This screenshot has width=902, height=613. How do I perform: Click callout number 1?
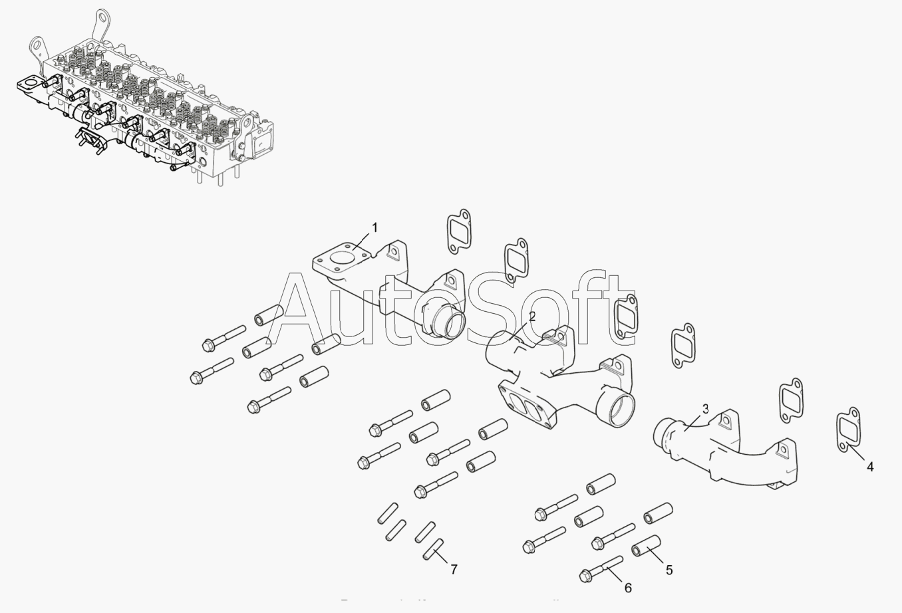pos(375,228)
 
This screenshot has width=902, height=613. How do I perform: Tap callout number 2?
pos(531,317)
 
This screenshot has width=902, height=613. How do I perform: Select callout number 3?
pos(705,409)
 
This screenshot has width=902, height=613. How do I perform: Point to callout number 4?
pos(870,467)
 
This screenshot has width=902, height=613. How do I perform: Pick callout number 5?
pos(669,570)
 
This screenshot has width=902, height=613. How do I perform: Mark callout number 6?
pos(627,588)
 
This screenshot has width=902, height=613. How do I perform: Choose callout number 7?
pos(454,569)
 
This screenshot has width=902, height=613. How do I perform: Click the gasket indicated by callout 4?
pos(848,430)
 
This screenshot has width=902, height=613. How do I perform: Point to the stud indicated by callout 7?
pos(432,551)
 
